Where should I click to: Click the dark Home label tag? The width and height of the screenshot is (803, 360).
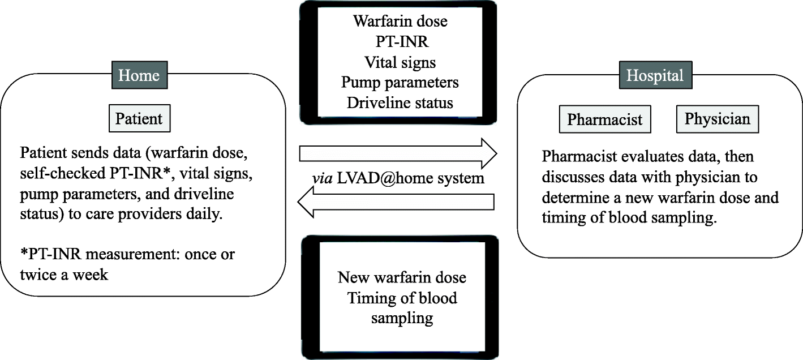click(139, 75)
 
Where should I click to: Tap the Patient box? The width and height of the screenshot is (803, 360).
click(139, 118)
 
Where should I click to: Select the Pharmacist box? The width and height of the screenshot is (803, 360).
click(604, 120)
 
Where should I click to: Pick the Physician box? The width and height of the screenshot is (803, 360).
click(717, 119)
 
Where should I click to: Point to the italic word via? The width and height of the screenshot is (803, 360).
click(322, 179)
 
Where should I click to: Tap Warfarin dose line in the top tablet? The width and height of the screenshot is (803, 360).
click(400, 22)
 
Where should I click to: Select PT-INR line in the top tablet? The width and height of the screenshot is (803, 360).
click(400, 42)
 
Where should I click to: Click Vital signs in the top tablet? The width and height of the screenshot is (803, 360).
click(400, 62)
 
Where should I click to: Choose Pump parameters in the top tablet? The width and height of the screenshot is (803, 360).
click(400, 83)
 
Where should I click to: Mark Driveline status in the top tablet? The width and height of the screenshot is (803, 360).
click(400, 103)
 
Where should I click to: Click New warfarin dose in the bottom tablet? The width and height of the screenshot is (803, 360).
click(402, 277)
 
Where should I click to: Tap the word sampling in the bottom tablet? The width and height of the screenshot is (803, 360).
click(402, 318)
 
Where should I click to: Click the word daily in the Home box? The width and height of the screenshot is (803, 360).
click(201, 215)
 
